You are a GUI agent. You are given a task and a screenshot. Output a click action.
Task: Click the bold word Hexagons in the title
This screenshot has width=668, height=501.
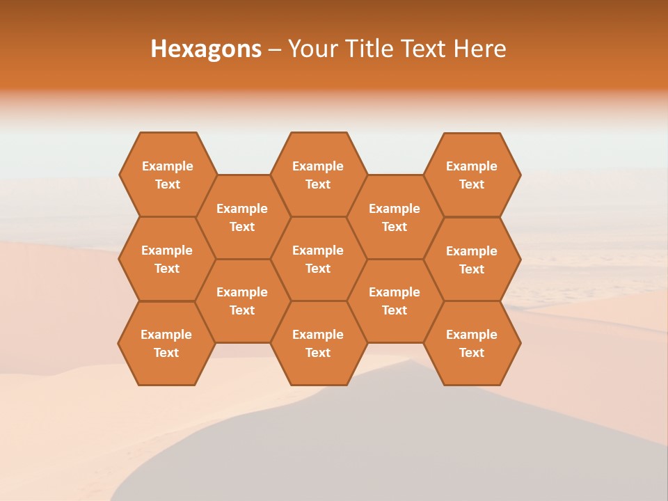point(206,49)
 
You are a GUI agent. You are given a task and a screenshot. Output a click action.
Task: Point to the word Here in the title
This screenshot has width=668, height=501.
point(479,49)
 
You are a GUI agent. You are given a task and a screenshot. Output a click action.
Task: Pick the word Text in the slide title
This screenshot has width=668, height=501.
point(425,49)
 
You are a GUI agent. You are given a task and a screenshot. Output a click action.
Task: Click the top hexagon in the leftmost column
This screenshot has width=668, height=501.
point(167,175)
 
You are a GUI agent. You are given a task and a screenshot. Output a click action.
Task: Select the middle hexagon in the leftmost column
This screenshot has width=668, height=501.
point(167,259)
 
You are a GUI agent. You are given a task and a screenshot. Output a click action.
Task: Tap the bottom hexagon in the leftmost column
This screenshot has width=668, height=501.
point(166,343)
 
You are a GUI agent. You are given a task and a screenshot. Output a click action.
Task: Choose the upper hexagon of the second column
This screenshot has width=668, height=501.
point(242,217)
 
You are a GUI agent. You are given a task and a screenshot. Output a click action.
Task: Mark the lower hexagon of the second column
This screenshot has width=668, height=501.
point(242,301)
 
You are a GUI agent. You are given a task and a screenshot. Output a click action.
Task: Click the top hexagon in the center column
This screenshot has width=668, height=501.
point(318,175)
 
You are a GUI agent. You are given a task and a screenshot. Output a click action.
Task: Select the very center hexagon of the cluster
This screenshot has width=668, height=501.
point(318,259)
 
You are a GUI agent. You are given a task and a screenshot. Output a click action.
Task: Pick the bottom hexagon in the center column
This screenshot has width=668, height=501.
point(318,343)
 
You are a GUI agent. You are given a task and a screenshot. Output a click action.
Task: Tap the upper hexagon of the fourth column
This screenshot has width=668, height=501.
point(395,217)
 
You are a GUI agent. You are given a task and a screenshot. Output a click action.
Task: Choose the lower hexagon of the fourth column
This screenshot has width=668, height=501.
point(395,301)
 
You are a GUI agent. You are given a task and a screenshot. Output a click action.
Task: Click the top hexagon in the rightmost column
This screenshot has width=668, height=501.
point(472,175)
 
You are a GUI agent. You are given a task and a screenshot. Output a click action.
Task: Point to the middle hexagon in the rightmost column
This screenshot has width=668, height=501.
point(472,260)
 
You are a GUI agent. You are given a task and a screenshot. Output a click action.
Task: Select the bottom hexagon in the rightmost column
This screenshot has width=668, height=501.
point(472,343)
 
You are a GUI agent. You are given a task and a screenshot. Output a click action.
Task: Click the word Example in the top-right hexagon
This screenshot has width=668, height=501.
point(472,166)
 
